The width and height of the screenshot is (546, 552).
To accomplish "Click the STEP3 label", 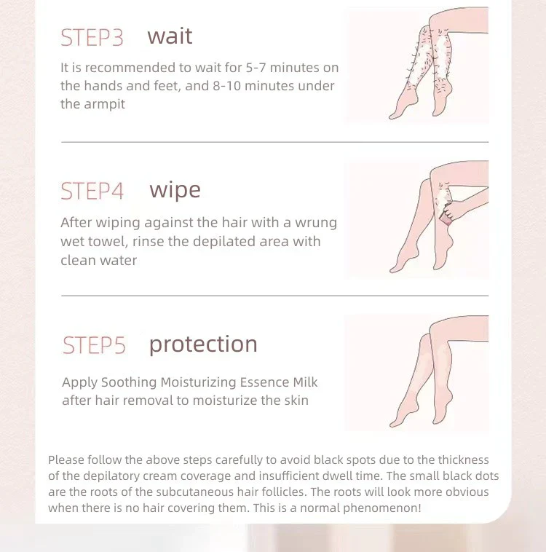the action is pyautogui.click(x=92, y=37).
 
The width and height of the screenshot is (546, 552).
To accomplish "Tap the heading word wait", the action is pyautogui.click(x=170, y=36).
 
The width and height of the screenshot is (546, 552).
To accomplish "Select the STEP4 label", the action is pyautogui.click(x=92, y=191).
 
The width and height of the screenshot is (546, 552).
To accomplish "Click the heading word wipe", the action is pyautogui.click(x=175, y=191).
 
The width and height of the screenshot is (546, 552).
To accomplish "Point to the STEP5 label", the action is pyautogui.click(x=94, y=345).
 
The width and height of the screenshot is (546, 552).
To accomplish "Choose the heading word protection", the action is pyautogui.click(x=203, y=344).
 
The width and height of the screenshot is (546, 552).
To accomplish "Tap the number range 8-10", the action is pyautogui.click(x=226, y=86).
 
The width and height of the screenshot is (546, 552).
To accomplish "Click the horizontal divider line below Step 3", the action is pyautogui.click(x=275, y=142).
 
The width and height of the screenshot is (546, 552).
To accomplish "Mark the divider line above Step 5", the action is pyautogui.click(x=275, y=296).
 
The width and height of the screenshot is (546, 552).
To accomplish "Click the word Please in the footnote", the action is pyautogui.click(x=66, y=460).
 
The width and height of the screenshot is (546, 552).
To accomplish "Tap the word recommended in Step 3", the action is pyautogui.click(x=130, y=68).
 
